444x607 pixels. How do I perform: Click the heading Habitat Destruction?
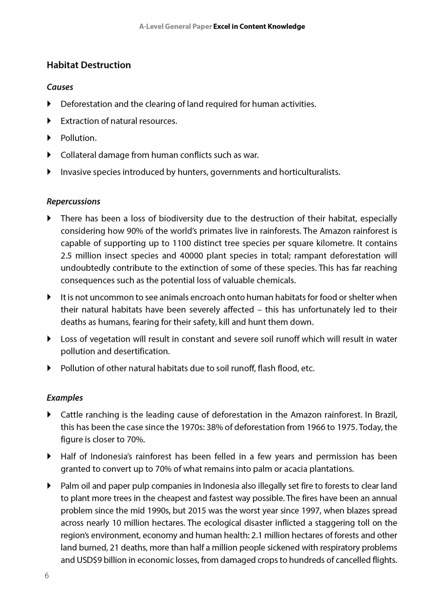tap(89, 65)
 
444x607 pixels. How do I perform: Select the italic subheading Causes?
tap(60, 87)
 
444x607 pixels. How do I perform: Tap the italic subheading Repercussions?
tap(73, 201)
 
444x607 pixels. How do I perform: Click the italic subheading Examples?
tap(65, 398)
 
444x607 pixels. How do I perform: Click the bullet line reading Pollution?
tap(78, 138)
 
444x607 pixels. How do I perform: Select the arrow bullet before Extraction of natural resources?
tap(49, 121)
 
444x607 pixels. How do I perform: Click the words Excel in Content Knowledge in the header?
tap(259, 27)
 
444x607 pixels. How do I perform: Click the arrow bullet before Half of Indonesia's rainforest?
tap(49, 456)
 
